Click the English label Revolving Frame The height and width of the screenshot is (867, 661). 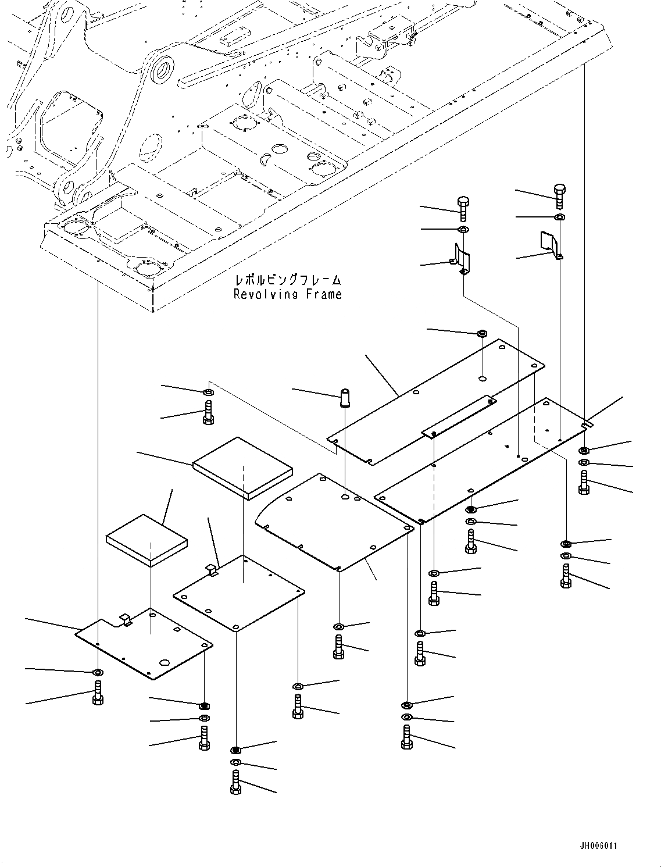[x=287, y=294]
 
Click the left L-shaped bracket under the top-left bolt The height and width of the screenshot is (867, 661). [x=462, y=260]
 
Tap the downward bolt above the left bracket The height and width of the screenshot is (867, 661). [x=463, y=208]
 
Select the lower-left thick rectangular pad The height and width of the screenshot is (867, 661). [x=147, y=539]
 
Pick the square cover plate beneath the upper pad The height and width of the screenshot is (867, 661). [x=239, y=593]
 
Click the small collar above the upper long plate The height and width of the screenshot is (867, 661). [x=482, y=334]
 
